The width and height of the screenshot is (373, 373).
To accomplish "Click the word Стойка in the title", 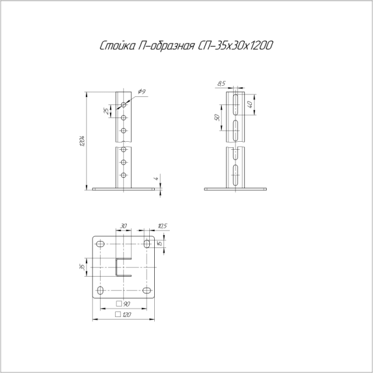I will [116, 46].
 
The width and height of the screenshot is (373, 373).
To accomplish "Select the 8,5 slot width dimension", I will [222, 83].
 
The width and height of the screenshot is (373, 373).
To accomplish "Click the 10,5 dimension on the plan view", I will [163, 226].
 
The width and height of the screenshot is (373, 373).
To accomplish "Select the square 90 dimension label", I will [123, 304].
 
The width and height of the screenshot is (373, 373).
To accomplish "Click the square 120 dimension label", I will [123, 315].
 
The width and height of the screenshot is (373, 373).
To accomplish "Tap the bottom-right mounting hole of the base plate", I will [147, 291].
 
